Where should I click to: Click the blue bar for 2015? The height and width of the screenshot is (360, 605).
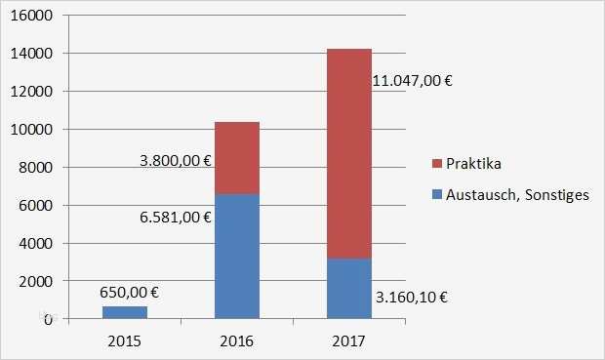coord(124,312)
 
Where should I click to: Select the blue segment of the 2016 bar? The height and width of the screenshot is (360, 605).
coord(236,256)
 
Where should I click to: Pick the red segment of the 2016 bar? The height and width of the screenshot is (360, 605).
coord(236,158)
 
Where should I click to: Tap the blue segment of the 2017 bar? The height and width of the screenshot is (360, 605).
coord(348,288)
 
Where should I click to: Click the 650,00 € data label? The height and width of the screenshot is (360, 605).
coord(130,291)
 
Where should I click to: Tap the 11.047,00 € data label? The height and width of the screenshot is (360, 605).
coord(413,82)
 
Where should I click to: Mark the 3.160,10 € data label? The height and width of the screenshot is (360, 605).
coord(412,297)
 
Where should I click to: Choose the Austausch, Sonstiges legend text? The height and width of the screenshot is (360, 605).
coord(516,195)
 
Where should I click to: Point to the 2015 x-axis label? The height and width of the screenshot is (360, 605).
coord(124,340)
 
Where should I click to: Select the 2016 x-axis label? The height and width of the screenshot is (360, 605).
coord(236,340)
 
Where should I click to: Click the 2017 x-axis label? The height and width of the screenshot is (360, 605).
coord(348,340)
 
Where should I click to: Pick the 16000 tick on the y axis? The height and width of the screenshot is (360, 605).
coord(33,17)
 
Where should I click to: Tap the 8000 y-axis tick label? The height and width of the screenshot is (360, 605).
coord(37,167)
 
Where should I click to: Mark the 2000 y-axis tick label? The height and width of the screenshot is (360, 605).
coord(37,281)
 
